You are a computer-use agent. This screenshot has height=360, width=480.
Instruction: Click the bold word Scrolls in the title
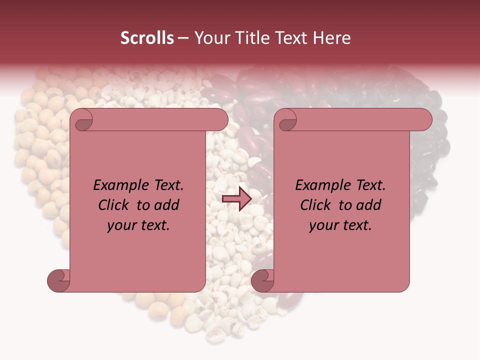point(147,38)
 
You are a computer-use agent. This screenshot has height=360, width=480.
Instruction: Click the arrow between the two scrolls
point(236,199)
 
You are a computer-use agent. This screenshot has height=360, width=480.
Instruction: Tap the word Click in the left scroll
point(114,205)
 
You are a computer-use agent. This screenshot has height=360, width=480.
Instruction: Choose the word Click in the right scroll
point(315,205)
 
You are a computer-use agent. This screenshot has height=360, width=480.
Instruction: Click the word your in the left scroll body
point(122,225)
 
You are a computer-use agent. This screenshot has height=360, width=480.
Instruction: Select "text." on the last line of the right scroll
point(356,225)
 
